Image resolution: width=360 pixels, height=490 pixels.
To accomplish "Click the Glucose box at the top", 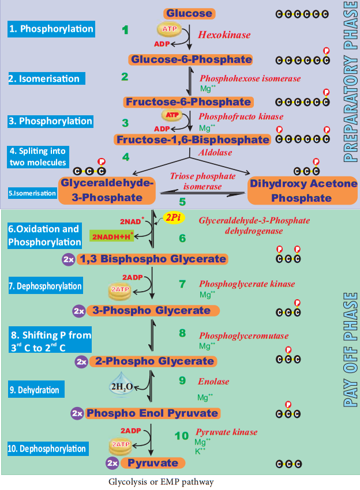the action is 189,13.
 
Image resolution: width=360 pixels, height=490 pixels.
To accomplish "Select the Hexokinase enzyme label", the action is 224,35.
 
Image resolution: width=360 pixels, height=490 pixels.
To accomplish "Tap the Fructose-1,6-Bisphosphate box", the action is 192,140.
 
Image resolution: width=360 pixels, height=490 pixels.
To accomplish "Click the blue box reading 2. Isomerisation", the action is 47,78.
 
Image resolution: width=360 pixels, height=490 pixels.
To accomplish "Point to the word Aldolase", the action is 215,153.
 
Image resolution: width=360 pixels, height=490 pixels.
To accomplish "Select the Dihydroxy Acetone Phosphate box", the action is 302,191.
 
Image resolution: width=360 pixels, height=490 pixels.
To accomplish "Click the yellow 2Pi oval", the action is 174,217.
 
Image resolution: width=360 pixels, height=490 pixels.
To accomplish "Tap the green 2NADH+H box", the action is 112,236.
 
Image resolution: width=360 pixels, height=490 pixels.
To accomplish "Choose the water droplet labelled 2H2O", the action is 121,385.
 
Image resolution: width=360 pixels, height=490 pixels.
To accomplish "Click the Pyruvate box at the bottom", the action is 153,463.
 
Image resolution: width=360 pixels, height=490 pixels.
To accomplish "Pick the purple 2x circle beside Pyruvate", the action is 112,463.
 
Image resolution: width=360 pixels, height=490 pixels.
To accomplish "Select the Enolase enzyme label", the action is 213,381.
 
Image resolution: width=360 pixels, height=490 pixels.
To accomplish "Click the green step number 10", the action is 181,436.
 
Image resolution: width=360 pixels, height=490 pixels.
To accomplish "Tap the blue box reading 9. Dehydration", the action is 36,389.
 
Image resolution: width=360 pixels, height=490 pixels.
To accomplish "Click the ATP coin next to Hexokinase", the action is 169,29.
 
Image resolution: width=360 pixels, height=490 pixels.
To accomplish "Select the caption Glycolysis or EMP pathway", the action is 161,481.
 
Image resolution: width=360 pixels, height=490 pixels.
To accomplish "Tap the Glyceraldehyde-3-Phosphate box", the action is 107,190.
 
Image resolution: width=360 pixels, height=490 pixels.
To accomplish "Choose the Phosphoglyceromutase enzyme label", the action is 244,336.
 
